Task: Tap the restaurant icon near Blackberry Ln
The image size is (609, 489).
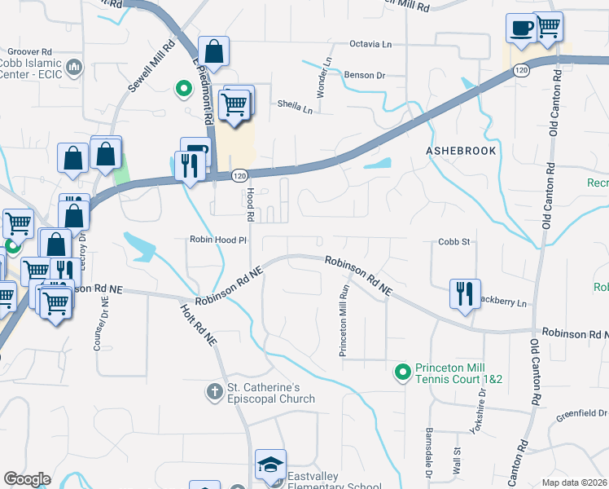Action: coord(464,293)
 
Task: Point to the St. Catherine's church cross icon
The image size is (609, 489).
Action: coord(214,392)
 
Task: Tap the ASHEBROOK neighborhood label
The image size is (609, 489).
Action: coord(460,152)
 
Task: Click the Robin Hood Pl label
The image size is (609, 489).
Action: coord(217,240)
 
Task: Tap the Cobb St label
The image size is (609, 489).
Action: coord(455,242)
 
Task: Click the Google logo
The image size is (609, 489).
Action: coord(27,479)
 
